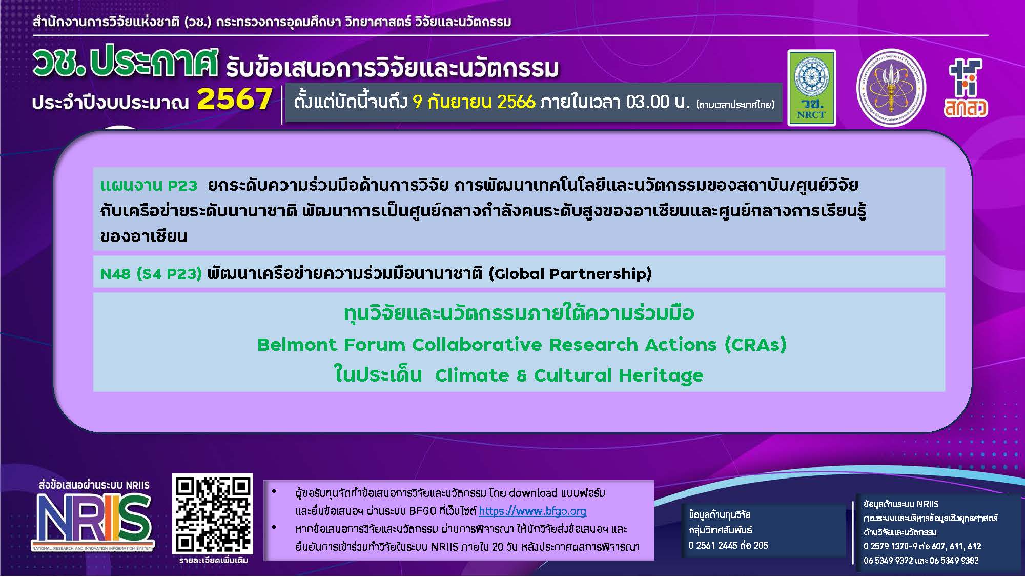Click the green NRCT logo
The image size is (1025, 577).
pyautogui.click(x=811, y=88)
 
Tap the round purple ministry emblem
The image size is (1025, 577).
pyautogui.click(x=891, y=89)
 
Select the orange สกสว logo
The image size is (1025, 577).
pyautogui.click(x=966, y=88)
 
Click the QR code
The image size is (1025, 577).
pyautogui.click(x=213, y=514)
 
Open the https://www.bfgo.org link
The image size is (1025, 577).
pyautogui.click(x=532, y=511)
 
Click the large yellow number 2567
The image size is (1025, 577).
pyautogui.click(x=234, y=100)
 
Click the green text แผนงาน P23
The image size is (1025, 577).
pyautogui.click(x=149, y=185)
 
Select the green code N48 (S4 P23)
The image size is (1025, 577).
pyautogui.click(x=151, y=273)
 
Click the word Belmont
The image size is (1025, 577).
pyautogui.click(x=297, y=345)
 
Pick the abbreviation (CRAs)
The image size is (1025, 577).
pyautogui.click(x=755, y=345)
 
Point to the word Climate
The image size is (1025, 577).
pyautogui.click(x=472, y=375)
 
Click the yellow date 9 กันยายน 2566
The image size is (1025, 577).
pyautogui.click(x=474, y=102)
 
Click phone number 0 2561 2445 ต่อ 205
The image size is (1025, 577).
pyautogui.click(x=728, y=545)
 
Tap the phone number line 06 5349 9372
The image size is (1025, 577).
pyautogui.click(x=892, y=561)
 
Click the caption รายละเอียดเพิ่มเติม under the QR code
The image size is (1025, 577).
pyautogui.click(x=213, y=561)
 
